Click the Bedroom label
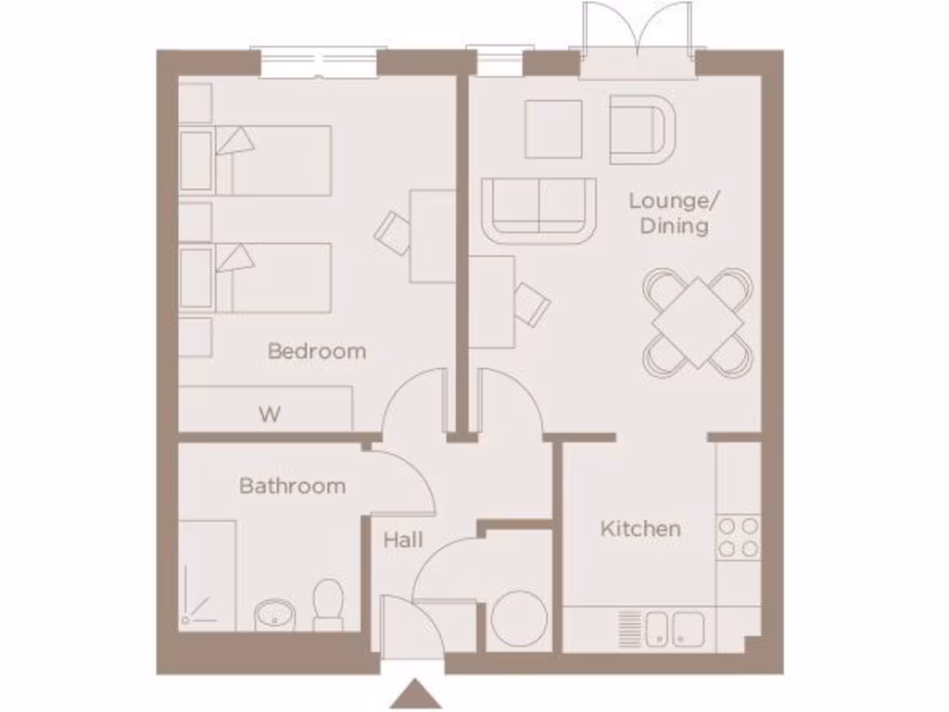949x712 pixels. [316, 351]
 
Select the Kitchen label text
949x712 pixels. [640, 528]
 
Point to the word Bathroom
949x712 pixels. [292, 486]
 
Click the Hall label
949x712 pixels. [403, 540]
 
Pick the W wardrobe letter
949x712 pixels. [269, 414]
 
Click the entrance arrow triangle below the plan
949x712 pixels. [415, 694]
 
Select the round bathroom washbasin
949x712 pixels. [272, 614]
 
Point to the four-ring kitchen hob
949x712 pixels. [739, 538]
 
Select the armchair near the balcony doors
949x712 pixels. [642, 129]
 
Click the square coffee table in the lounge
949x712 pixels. [553, 129]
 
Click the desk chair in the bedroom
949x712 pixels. [394, 231]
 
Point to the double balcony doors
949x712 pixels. [638, 42]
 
